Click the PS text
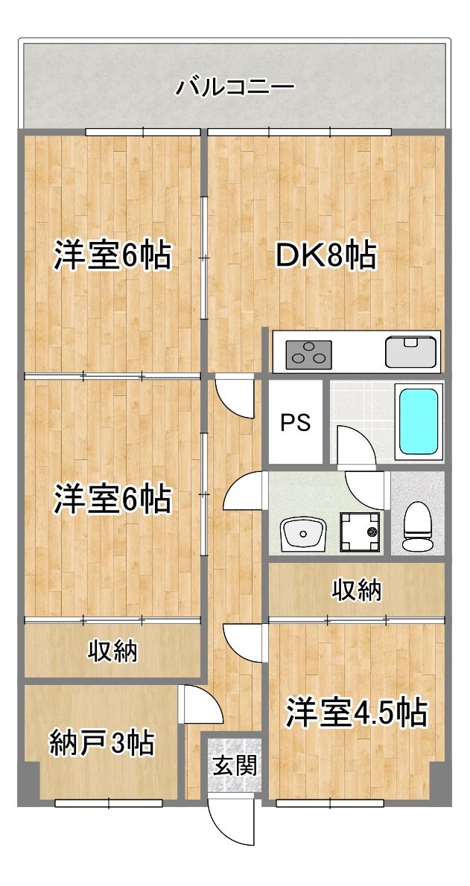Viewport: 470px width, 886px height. click(x=295, y=423)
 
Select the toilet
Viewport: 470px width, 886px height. click(x=416, y=526)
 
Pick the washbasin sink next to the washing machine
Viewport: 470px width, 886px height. click(x=303, y=532)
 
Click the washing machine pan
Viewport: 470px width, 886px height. click(x=360, y=532)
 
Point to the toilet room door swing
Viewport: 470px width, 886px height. click(x=365, y=488)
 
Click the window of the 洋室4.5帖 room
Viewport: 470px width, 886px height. click(x=329, y=803)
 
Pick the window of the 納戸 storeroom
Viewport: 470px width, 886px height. click(x=109, y=803)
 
